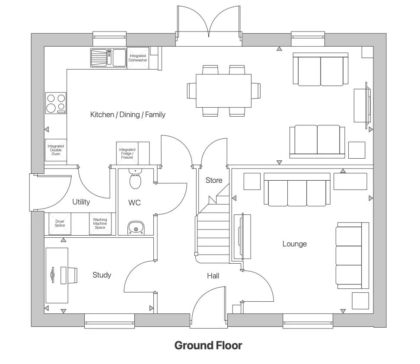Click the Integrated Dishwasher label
[x=138, y=58]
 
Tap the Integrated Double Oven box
[x=55, y=150]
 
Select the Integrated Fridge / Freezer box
[x=127, y=153]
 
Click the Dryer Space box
[x=60, y=224]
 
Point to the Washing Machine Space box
[x=100, y=224]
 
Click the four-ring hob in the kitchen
[x=56, y=103]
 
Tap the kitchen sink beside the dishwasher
[x=108, y=57]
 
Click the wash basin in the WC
[x=136, y=228]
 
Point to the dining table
[x=223, y=91]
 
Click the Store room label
[x=213, y=180]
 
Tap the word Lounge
[x=294, y=244]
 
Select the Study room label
[x=102, y=275]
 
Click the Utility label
[x=81, y=202]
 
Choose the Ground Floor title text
[x=208, y=345]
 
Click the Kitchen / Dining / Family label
[x=127, y=115]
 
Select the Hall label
[x=213, y=275]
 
